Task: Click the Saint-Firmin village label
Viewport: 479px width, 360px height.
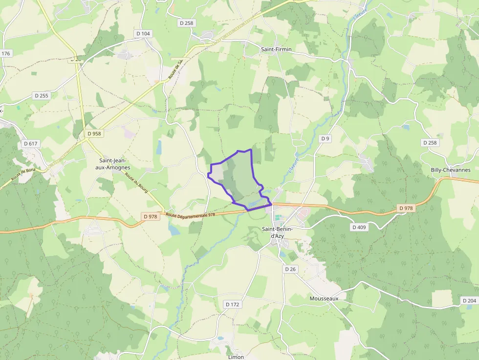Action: pyautogui.click(x=276, y=49)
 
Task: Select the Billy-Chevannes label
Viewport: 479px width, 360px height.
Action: pyautogui.click(x=450, y=170)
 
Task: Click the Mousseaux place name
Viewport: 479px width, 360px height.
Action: pyautogui.click(x=324, y=298)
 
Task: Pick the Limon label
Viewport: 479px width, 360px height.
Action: pyautogui.click(x=236, y=357)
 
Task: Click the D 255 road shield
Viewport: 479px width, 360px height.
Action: pyautogui.click(x=42, y=96)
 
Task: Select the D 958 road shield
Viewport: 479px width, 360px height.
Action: pyautogui.click(x=94, y=133)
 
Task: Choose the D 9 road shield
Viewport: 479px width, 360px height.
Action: pyautogui.click(x=325, y=139)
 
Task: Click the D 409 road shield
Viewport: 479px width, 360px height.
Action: pyautogui.click(x=359, y=227)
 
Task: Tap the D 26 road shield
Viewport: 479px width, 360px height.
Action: pyautogui.click(x=290, y=269)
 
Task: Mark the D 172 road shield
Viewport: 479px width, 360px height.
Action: pyautogui.click(x=233, y=304)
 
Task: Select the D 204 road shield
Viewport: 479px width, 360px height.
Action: pyautogui.click(x=469, y=300)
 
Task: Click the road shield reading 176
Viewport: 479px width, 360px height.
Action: pyautogui.click(x=6, y=54)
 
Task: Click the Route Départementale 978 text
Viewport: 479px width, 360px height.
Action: pyautogui.click(x=190, y=214)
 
